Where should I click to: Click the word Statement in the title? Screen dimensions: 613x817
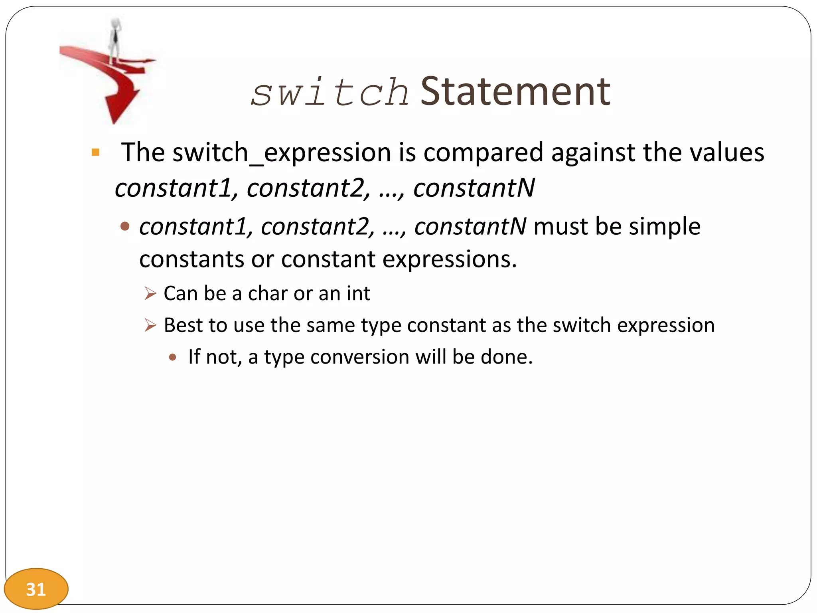coord(515,92)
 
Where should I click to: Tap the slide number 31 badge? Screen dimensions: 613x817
coord(36,589)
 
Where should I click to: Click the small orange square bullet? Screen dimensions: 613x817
coord(95,152)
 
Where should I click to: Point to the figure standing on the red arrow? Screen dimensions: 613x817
coord(115,40)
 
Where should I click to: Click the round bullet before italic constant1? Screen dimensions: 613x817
coord(125,227)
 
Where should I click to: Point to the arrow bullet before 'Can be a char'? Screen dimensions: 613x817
coord(150,294)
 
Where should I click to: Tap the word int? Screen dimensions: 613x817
coord(358,294)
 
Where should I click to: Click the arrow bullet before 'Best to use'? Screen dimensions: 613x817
coord(150,325)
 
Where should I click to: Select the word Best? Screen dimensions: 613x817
coord(184,325)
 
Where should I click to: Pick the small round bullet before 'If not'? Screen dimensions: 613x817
coord(172,357)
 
